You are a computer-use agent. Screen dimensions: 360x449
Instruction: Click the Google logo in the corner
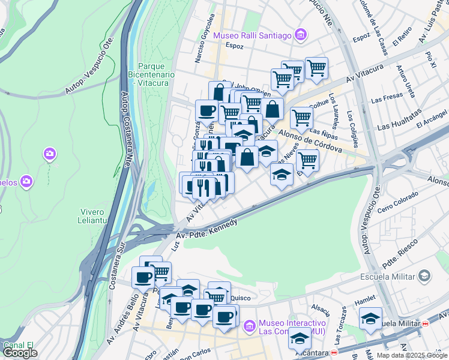point(20,353)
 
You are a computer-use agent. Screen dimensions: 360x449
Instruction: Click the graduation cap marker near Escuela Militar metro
point(370,319)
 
